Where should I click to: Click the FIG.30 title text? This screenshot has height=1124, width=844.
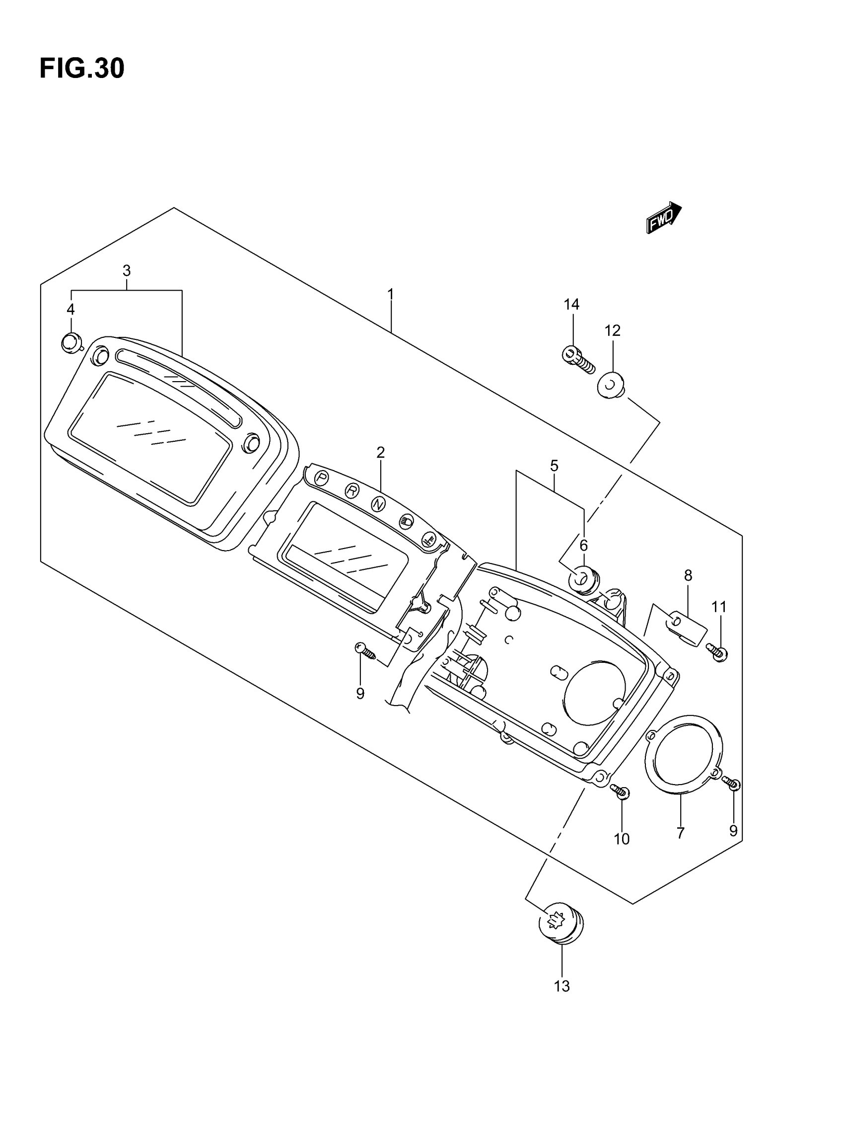[82, 69]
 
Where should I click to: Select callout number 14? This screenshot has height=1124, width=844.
[571, 305]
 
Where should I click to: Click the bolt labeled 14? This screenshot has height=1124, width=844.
[578, 360]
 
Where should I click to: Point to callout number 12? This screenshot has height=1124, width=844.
[613, 331]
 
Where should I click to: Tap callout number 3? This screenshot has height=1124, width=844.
[127, 270]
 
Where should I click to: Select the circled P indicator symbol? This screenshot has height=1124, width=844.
[321, 478]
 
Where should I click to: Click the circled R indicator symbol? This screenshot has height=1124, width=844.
[352, 491]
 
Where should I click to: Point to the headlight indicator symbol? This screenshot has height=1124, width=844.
[407, 521]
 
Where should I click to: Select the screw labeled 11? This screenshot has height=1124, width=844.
[717, 651]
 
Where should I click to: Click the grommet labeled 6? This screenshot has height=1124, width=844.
[584, 580]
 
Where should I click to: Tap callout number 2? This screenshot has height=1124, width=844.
[380, 452]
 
